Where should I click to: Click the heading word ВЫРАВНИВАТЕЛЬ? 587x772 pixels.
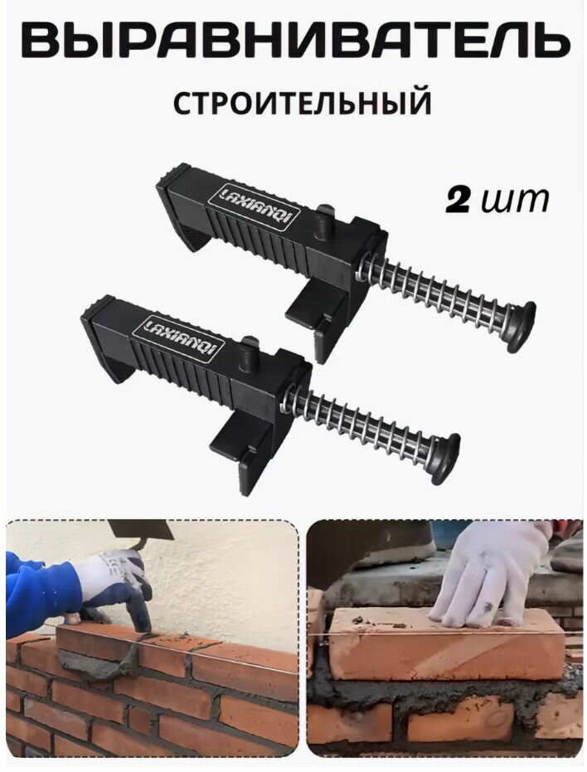(x=293, y=41)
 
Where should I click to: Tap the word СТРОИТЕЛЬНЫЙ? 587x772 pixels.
(x=303, y=104)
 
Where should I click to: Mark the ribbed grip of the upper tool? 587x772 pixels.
(x=249, y=237)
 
